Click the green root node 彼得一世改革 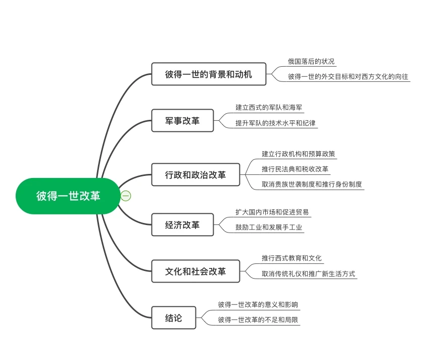click(x=68, y=196)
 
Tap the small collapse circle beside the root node click(x=126, y=196)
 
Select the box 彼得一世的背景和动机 click(x=208, y=74)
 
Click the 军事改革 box click(x=182, y=121)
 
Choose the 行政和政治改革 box click(x=195, y=175)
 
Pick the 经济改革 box click(x=182, y=225)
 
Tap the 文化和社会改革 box click(x=195, y=272)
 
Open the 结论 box click(x=173, y=319)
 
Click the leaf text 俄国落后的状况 click(x=311, y=61)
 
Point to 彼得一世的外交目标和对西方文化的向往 click(x=348, y=77)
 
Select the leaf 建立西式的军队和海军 click(x=269, y=107)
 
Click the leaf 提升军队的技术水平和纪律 click(x=275, y=123)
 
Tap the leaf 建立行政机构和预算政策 click(x=298, y=154)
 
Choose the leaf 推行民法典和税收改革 click(x=296, y=169)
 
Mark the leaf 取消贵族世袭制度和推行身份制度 click(x=312, y=185)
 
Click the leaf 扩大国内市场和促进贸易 click(x=272, y=212)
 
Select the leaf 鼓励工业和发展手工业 click(x=269, y=228)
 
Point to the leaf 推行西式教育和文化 click(x=291, y=258)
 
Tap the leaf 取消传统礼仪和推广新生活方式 click(x=308, y=274)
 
